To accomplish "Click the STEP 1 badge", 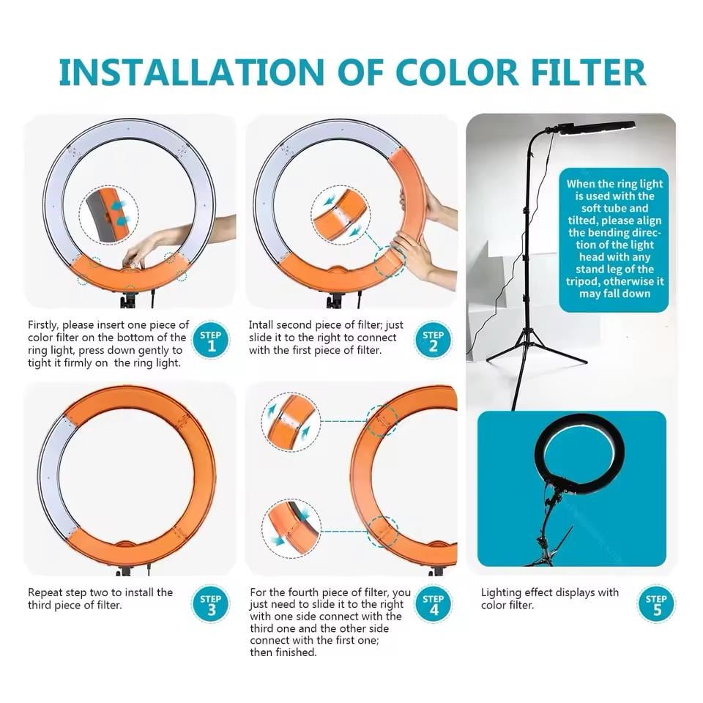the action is [x=211, y=341].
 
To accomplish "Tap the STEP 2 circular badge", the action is [x=433, y=341].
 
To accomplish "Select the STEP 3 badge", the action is [x=211, y=604].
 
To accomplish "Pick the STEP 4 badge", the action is [x=433, y=604].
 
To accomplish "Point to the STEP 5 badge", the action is [x=656, y=604].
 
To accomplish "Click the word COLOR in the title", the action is [x=457, y=72].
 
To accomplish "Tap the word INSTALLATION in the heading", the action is [x=191, y=72].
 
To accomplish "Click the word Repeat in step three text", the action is [x=44, y=592].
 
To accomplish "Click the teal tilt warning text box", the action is [x=614, y=240].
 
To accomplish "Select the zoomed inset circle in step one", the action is [x=109, y=215].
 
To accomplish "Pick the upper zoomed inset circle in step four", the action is [x=291, y=422].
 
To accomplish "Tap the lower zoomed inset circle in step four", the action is [x=291, y=529].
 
